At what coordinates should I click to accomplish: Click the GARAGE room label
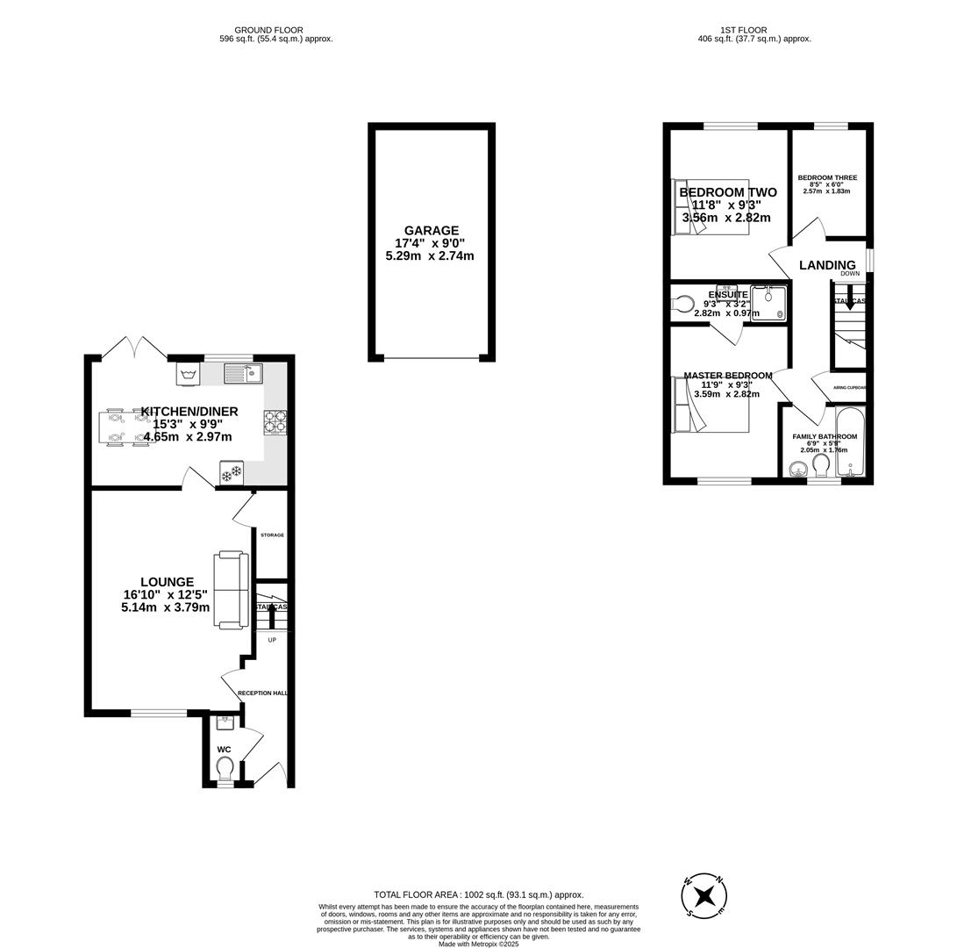(x=430, y=231)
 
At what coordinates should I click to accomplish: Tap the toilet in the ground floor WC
(x=225, y=768)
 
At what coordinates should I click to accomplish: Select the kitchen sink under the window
(x=243, y=374)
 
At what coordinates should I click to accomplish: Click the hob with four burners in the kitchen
(x=275, y=423)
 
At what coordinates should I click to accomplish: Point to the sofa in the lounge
(x=231, y=590)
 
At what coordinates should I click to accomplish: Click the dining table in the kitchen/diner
(x=128, y=427)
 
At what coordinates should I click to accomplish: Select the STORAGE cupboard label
(x=272, y=535)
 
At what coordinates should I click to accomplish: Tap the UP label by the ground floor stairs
(x=272, y=640)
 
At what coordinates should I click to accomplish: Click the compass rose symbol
(x=703, y=896)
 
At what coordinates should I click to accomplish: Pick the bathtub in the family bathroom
(x=850, y=442)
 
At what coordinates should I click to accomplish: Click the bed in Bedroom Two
(x=711, y=207)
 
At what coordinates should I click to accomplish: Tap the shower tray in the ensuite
(x=768, y=304)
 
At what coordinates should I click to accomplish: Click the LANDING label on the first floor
(x=827, y=265)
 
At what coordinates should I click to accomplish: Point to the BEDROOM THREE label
(x=827, y=178)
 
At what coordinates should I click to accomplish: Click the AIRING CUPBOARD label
(x=849, y=387)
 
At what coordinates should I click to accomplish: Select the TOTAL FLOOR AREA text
(x=478, y=894)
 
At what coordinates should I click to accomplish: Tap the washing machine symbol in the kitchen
(x=188, y=374)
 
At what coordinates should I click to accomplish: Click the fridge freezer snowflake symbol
(x=232, y=474)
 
